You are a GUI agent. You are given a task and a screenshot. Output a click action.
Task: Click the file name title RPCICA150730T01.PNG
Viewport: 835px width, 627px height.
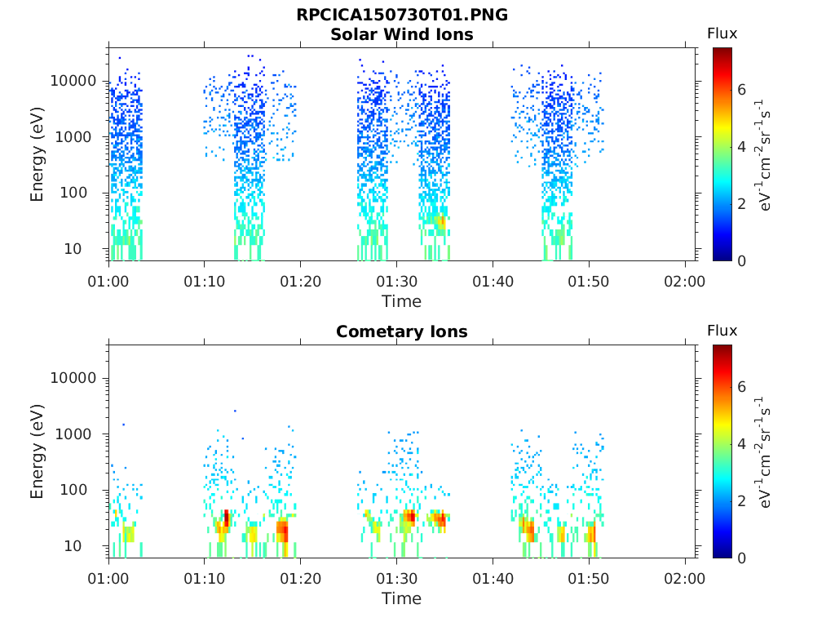(402, 15)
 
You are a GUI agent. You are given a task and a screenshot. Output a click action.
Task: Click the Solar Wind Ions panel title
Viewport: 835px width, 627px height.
(402, 34)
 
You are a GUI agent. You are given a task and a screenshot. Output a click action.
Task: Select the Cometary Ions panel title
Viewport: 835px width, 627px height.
(402, 331)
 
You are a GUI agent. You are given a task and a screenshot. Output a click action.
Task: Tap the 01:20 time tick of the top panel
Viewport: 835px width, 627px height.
(301, 282)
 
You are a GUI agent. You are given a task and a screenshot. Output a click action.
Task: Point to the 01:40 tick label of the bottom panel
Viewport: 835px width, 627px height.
(493, 579)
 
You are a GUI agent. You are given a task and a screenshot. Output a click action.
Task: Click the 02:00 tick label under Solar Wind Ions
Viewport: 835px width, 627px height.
(685, 282)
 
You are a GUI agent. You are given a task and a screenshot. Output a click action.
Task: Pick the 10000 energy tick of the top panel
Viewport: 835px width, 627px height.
(73, 81)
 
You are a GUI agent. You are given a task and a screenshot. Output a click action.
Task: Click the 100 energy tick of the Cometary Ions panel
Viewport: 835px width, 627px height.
(73, 490)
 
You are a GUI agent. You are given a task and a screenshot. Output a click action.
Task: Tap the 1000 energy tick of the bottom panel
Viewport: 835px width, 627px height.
(73, 434)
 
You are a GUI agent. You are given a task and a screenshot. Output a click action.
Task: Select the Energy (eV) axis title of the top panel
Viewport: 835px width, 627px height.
(37, 154)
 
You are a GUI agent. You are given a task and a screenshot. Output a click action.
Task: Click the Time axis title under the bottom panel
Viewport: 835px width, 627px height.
(402, 598)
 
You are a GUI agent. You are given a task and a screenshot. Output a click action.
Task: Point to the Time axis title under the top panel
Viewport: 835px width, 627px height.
(402, 302)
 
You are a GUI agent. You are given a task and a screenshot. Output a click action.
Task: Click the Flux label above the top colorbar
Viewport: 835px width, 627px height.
(722, 33)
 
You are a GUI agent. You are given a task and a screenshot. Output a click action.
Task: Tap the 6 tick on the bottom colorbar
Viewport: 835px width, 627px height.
(742, 387)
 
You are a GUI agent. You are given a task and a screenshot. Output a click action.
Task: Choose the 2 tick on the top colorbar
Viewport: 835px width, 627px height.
(742, 203)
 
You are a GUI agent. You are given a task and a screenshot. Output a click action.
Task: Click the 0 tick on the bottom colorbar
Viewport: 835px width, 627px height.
(742, 558)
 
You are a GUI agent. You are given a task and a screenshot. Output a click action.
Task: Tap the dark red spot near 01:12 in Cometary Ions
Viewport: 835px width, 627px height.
(227, 517)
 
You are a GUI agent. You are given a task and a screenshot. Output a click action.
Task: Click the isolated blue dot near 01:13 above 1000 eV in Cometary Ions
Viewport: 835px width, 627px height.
(235, 411)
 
